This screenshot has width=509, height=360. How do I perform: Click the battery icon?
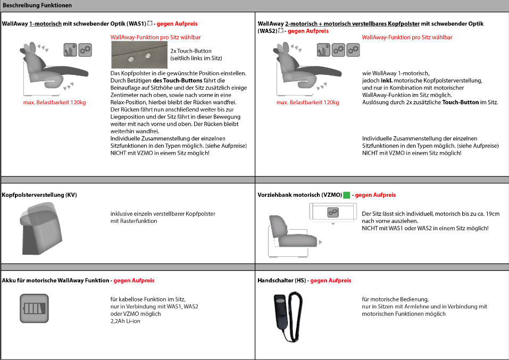(x=34, y=308)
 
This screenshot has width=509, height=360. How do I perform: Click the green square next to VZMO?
(x=346, y=195)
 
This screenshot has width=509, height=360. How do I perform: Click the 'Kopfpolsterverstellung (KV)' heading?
(x=40, y=195)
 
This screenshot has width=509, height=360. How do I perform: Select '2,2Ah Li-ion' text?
(x=122, y=321)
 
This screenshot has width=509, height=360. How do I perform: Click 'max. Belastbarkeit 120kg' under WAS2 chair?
(x=307, y=103)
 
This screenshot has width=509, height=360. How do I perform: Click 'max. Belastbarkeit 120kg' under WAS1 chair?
(x=54, y=103)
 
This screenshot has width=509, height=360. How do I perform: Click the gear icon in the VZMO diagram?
(x=333, y=212)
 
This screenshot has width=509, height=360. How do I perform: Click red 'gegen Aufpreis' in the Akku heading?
(x=133, y=280)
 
